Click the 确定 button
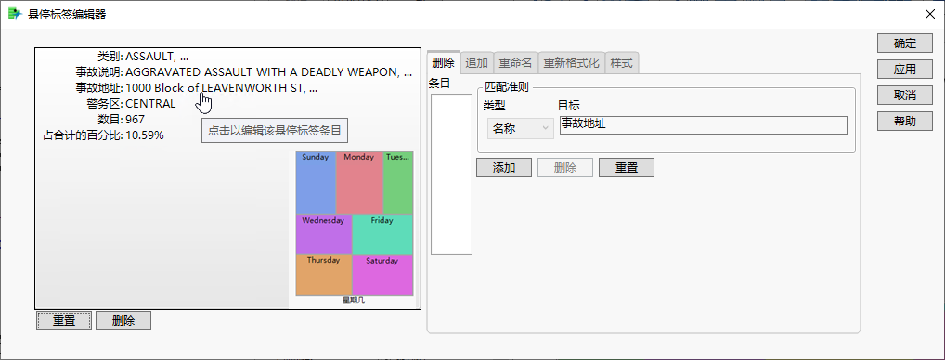pos(904,44)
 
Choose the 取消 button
pos(904,96)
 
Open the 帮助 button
pos(904,122)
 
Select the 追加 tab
pos(477,63)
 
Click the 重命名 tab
pos(515,63)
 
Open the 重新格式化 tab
pos(571,63)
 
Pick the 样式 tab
pos(621,63)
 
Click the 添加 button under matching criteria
pos(504,168)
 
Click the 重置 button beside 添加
pos(627,168)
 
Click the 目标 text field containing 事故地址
pos(704,125)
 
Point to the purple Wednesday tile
pos(324,235)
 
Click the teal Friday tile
pos(382,235)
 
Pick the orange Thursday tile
pos(324,275)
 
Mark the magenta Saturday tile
pos(382,275)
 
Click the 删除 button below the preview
pos(123,320)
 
